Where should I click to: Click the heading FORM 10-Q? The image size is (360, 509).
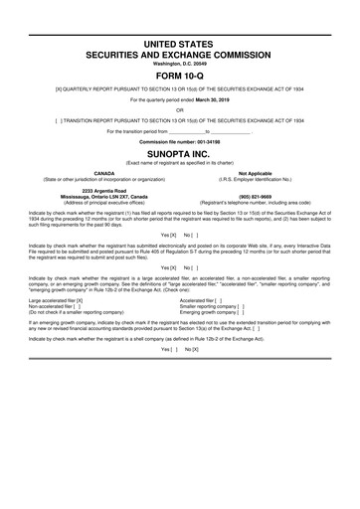pos(180,74)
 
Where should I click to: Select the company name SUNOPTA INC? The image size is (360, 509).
pos(180,155)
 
